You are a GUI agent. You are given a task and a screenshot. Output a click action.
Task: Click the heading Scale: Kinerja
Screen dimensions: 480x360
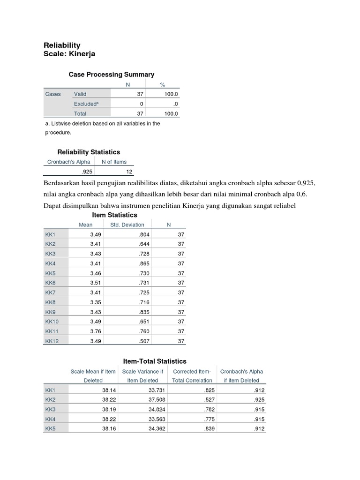[x=69, y=54]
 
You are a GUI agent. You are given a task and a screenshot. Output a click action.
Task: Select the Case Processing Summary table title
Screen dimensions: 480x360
[x=111, y=75]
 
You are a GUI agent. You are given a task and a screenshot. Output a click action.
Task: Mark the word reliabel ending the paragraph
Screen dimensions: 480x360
[x=284, y=206]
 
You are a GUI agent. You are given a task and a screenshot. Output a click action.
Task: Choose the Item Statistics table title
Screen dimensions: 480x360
[x=114, y=215]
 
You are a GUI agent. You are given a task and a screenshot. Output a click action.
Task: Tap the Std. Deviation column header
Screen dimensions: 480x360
[x=127, y=225]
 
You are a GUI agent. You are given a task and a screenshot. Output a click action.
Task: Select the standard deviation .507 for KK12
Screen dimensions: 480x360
[x=144, y=341]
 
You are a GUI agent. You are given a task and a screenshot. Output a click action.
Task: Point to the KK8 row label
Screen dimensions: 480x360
[x=50, y=302]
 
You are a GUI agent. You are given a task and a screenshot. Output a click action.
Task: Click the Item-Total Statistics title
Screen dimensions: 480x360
[x=155, y=361]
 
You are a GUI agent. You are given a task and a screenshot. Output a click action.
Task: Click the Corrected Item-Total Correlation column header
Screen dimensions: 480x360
[x=192, y=375]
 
